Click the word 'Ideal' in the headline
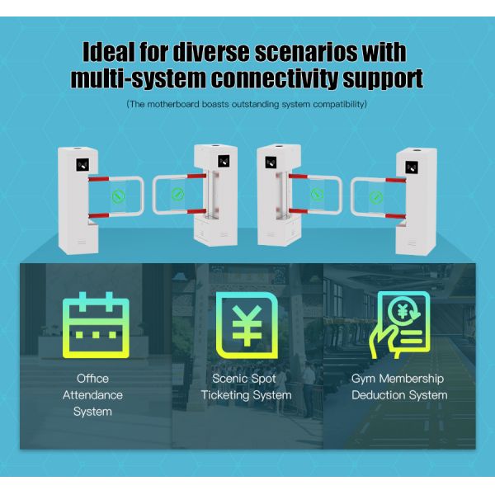109,52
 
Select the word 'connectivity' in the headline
275,78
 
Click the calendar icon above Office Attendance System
96,325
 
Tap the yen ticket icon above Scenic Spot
247,326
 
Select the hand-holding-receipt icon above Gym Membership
399,325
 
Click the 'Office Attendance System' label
92,395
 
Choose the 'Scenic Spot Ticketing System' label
246,387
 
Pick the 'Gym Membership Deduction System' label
399,387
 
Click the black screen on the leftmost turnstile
82,165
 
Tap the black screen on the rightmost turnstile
412,167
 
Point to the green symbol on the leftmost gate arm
118,196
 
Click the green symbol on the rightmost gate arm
376,198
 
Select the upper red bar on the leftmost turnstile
98,179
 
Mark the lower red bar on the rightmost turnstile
395,216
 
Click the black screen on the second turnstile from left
224,162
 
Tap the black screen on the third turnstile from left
271,163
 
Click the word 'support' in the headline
383,79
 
